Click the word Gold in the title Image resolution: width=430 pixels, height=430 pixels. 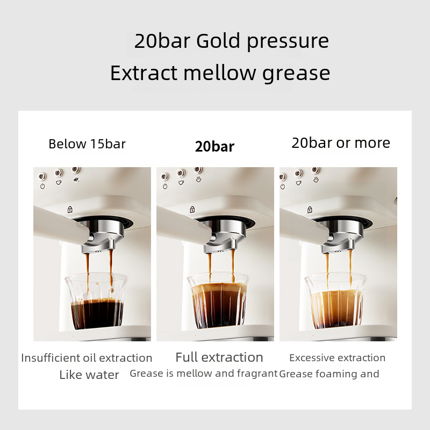(x=218, y=41)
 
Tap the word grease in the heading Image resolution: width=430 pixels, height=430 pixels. (x=296, y=74)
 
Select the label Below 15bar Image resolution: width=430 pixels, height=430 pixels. (x=87, y=144)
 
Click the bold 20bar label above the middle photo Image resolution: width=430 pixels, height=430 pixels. (x=214, y=146)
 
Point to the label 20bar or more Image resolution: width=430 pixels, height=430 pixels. (x=341, y=143)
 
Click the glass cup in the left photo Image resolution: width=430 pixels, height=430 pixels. (x=96, y=301)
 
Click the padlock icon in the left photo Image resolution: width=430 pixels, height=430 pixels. (x=70, y=210)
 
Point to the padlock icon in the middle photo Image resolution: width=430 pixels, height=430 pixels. (x=192, y=210)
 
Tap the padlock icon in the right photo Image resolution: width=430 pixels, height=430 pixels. (x=310, y=210)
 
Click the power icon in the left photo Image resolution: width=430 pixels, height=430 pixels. (x=42, y=187)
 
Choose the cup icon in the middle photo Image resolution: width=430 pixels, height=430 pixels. (x=181, y=183)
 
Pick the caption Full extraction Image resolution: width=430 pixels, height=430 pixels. (x=219, y=357)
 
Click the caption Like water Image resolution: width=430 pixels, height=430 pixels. (x=89, y=375)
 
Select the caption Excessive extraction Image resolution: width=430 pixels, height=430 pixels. (x=338, y=358)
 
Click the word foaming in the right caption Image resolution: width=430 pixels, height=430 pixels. (x=336, y=374)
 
